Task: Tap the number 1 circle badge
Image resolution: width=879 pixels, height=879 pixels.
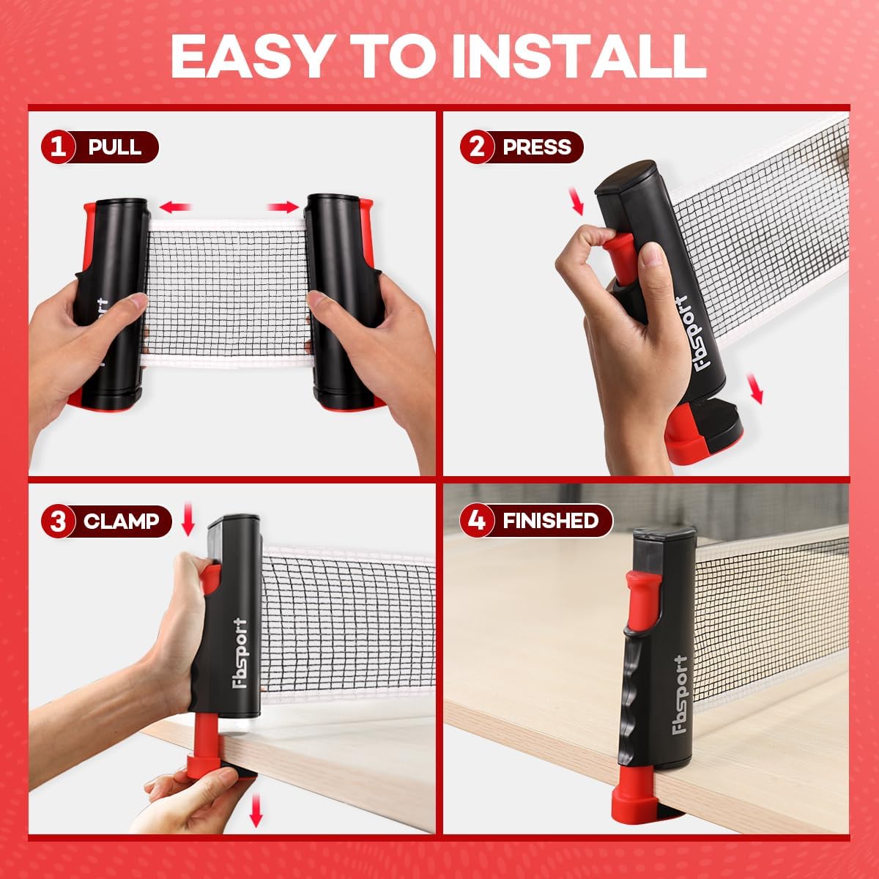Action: click(58, 147)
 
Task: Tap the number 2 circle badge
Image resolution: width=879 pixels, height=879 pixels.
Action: click(477, 147)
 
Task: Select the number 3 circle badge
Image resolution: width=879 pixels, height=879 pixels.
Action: click(58, 522)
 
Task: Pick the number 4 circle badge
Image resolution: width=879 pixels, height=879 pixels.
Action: click(477, 521)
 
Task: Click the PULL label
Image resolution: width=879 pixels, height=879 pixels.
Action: click(114, 147)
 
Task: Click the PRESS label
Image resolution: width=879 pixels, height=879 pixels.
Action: click(537, 147)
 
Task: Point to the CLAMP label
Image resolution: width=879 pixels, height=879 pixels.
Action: click(121, 522)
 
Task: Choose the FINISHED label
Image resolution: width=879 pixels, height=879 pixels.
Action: click(551, 521)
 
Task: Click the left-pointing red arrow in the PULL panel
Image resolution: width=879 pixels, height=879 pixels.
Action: click(175, 207)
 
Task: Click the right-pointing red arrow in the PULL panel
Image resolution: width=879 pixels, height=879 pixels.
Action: click(283, 207)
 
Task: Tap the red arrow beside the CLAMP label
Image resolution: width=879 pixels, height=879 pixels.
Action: click(188, 519)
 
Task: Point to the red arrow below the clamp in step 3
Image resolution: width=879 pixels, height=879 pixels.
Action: click(256, 810)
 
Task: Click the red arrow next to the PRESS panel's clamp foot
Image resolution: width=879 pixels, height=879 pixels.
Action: click(754, 389)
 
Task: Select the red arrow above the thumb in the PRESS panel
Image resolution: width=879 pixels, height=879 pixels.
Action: click(576, 200)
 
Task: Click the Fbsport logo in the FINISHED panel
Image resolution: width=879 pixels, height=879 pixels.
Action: click(680, 694)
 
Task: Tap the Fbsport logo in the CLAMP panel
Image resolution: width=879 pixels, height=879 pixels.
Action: click(240, 653)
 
